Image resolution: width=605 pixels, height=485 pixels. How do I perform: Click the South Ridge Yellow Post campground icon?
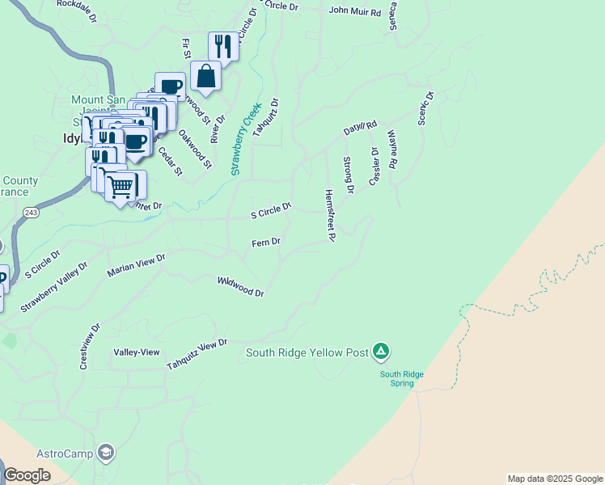click(381, 352)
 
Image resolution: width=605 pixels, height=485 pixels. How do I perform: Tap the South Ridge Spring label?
click(397, 378)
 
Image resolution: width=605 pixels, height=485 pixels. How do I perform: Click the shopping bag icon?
click(206, 76)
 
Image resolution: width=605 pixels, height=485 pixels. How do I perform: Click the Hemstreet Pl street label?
click(330, 216)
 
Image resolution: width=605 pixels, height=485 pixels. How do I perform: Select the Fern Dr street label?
click(265, 242)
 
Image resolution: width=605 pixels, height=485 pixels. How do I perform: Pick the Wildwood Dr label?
click(241, 287)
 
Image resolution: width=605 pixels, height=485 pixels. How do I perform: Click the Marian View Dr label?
click(136, 265)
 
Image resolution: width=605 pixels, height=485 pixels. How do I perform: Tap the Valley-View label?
click(137, 352)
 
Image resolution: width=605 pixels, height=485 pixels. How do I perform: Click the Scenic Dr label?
click(425, 108)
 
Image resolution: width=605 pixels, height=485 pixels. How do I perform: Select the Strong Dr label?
click(349, 175)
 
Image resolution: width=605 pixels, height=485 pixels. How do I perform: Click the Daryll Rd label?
click(360, 128)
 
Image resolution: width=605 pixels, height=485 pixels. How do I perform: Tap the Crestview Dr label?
click(89, 348)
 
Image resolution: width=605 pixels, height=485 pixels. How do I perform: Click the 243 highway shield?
click(32, 212)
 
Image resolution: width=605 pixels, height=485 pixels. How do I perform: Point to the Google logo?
click(27, 475)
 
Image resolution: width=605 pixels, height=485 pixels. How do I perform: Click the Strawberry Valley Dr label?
click(53, 287)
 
